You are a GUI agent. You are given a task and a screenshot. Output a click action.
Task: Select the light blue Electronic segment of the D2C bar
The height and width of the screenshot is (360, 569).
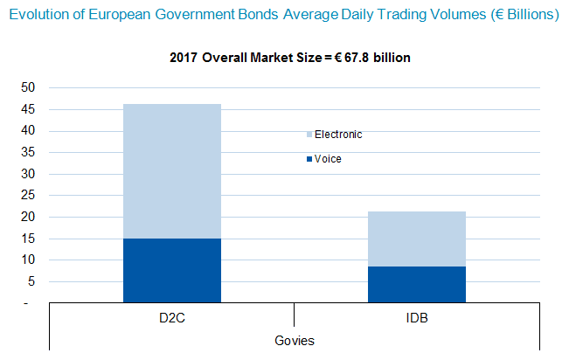(x=172, y=171)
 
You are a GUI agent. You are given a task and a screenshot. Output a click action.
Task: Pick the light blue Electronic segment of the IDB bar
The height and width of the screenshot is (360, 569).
(x=417, y=239)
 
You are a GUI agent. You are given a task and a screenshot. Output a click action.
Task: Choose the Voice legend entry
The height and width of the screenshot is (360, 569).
(x=328, y=159)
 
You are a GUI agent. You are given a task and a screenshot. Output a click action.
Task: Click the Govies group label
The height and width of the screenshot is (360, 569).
(x=295, y=340)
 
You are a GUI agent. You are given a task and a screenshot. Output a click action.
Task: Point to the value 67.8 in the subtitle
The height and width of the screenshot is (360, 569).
(x=361, y=59)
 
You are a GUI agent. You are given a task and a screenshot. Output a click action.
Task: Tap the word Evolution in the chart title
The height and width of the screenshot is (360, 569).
(x=37, y=15)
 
